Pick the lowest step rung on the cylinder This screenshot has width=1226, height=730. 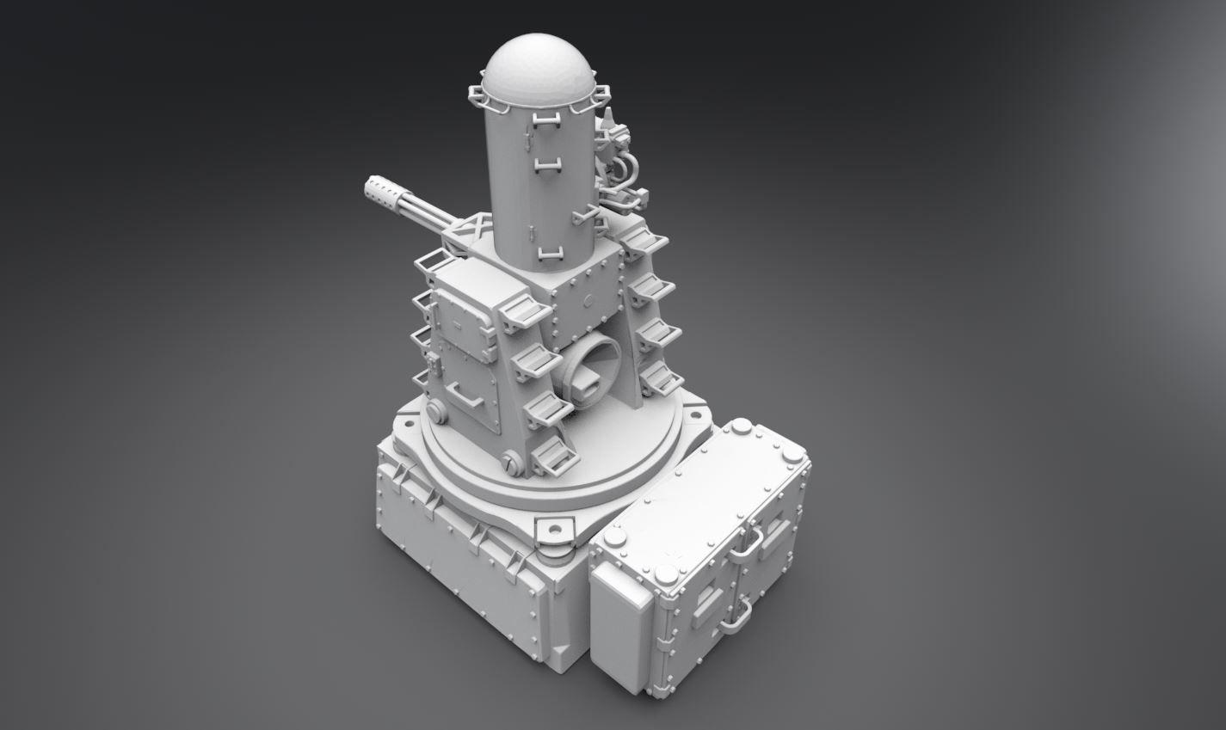(x=547, y=253)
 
